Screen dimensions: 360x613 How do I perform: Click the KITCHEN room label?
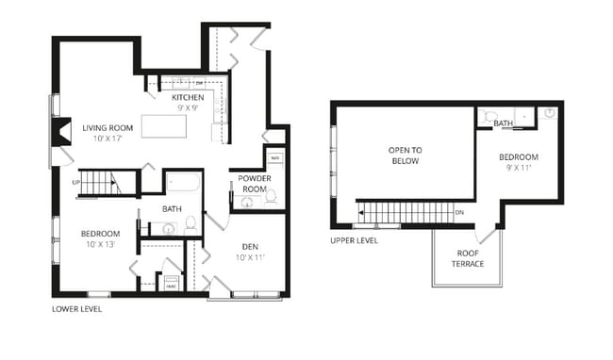click(x=188, y=97)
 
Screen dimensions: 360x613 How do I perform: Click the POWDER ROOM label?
click(x=255, y=183)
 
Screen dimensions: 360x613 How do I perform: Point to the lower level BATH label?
click(x=172, y=209)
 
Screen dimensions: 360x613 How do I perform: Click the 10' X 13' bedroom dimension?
click(x=99, y=244)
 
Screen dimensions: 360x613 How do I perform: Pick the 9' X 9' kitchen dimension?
click(x=188, y=108)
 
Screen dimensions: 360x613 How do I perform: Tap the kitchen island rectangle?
click(x=164, y=126)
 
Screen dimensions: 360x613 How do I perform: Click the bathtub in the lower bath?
click(x=184, y=182)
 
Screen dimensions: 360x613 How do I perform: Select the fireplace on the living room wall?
click(x=60, y=132)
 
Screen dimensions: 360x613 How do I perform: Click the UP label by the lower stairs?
click(x=75, y=182)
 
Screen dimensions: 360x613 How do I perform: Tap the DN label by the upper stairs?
click(x=458, y=212)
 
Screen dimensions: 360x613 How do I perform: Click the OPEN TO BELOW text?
click(x=403, y=155)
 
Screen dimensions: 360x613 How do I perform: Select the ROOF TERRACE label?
click(x=470, y=258)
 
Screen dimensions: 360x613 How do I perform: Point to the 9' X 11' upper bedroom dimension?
click(x=518, y=167)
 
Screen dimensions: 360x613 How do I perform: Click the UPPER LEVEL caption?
click(x=355, y=240)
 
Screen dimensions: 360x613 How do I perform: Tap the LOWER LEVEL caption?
click(x=77, y=309)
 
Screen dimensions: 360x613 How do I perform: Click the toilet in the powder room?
click(x=271, y=197)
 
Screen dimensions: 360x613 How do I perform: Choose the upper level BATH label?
click(x=504, y=123)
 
